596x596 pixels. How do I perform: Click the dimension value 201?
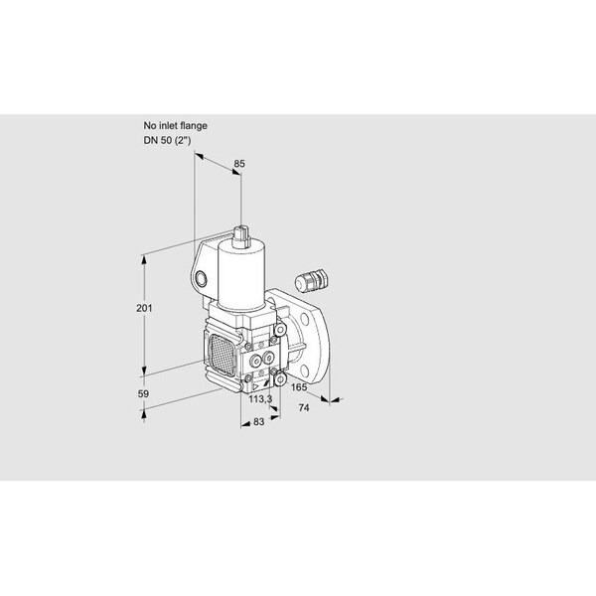click(144, 308)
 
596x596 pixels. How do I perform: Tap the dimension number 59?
click(143, 393)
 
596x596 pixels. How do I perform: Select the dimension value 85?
click(239, 164)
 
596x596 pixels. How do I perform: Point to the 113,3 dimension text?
click(260, 399)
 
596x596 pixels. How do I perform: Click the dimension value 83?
click(258, 421)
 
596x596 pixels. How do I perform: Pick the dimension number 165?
click(299, 387)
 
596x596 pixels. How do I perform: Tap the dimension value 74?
click(304, 408)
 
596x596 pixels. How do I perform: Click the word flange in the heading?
click(194, 125)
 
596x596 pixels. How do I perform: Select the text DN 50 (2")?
click(167, 140)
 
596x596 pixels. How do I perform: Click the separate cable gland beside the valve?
click(311, 280)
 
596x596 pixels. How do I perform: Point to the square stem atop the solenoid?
click(241, 236)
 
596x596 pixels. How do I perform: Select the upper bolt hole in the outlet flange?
click(306, 320)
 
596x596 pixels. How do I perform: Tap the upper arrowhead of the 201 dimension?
click(144, 260)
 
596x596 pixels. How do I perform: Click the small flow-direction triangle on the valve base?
click(256, 387)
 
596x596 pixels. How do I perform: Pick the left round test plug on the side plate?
click(256, 361)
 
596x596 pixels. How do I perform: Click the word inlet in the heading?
click(168, 125)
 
